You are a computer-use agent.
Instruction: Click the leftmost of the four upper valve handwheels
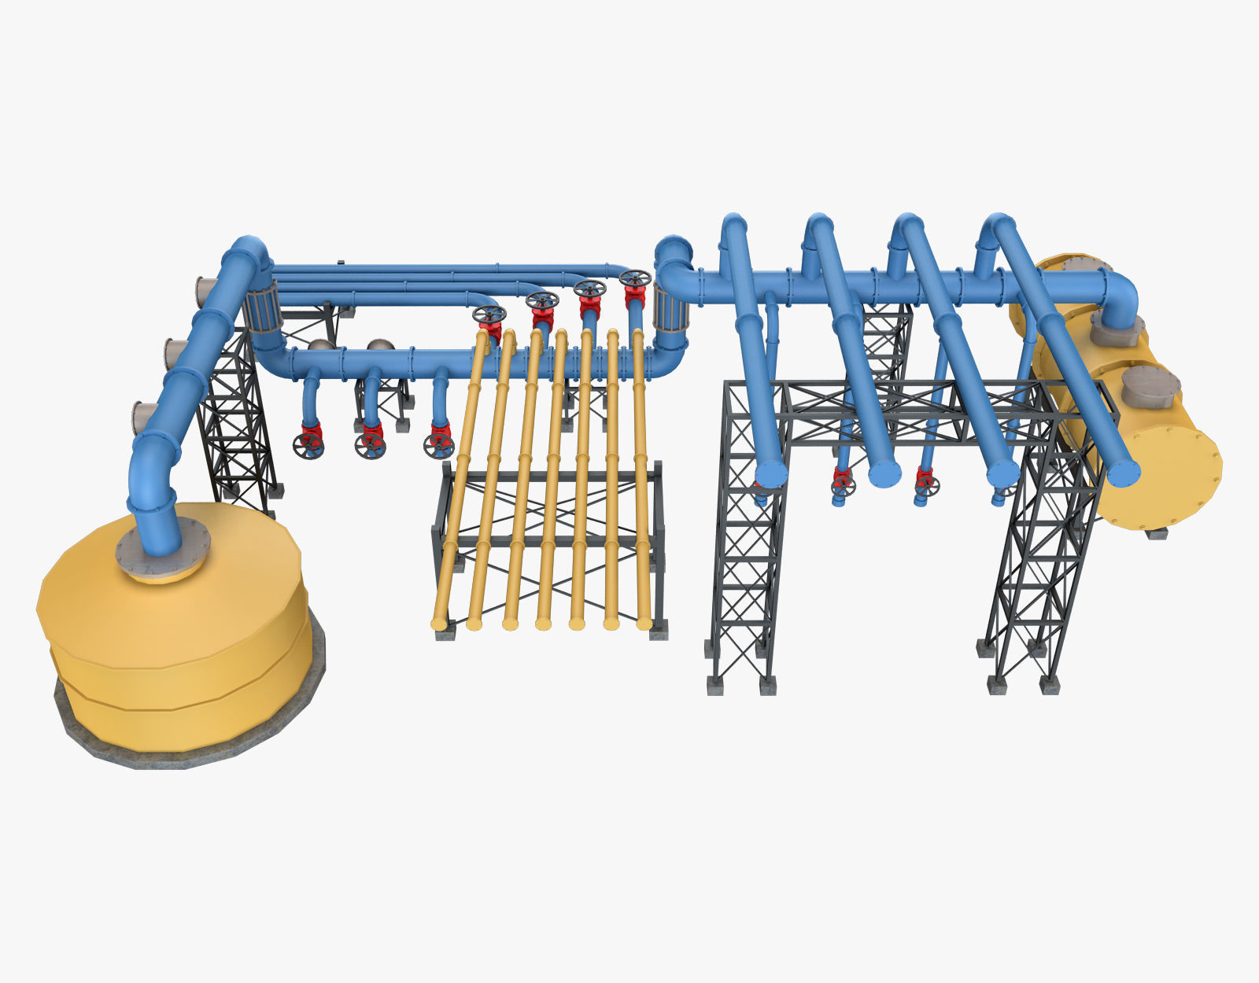coord(489,315)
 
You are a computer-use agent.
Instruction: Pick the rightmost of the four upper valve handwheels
coord(634,278)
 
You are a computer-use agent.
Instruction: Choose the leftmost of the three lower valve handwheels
coord(308,446)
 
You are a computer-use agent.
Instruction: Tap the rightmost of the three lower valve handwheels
coord(438,446)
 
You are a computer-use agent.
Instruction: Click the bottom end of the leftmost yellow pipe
coord(439,624)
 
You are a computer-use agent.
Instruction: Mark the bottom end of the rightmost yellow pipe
coord(644,623)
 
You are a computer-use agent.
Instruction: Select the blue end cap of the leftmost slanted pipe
coord(771,473)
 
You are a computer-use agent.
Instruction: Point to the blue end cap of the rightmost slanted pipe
coord(1123,473)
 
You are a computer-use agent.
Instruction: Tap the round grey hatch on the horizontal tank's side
coord(1150,386)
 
